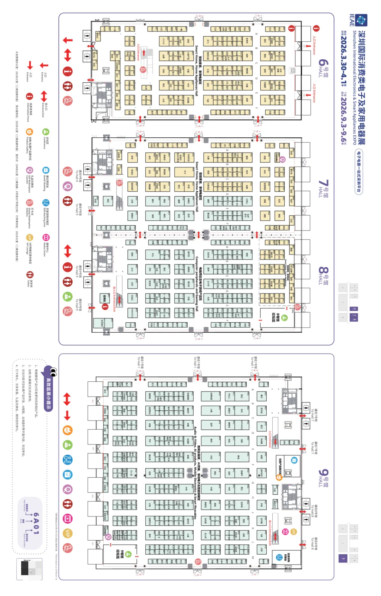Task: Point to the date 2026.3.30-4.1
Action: click(343, 58)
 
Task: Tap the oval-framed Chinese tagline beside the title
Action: click(359, 172)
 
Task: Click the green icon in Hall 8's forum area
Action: click(284, 318)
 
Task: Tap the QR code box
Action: click(29, 569)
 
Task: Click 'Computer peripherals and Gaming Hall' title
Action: click(197, 284)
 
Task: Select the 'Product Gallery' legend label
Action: click(29, 145)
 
